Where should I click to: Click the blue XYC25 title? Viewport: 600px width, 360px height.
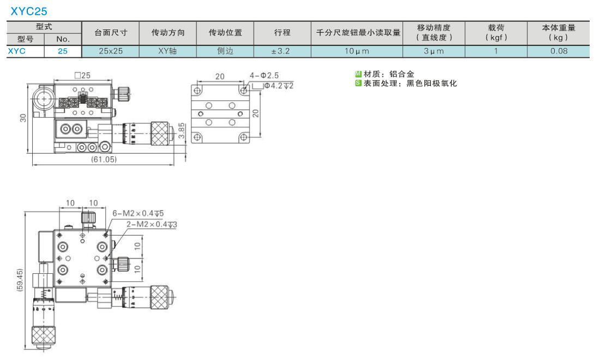(29, 11)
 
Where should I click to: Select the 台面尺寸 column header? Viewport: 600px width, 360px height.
(111, 33)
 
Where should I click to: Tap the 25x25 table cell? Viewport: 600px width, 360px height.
(111, 51)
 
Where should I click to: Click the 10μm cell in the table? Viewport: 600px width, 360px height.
(357, 51)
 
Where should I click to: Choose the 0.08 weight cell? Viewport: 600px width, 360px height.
(559, 51)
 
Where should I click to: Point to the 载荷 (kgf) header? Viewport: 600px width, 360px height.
(496, 33)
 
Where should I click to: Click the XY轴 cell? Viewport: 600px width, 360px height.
(167, 51)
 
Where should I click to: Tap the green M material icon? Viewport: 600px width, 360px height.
(358, 74)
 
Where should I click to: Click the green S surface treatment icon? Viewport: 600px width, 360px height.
(358, 83)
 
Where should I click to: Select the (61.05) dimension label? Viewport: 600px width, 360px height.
(104, 159)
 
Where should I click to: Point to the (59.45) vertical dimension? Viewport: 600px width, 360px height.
(20, 280)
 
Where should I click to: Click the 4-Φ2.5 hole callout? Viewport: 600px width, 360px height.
(265, 75)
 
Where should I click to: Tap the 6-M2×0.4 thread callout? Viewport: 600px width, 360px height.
(138, 213)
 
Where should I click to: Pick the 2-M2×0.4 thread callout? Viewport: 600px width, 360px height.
(152, 224)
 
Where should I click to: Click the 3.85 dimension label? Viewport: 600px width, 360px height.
(182, 130)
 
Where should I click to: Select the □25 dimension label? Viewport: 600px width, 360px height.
(82, 75)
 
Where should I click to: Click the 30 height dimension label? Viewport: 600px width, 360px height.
(23, 118)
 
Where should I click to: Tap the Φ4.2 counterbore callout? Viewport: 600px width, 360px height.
(279, 86)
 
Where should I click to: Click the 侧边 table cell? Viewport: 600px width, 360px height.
(225, 51)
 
